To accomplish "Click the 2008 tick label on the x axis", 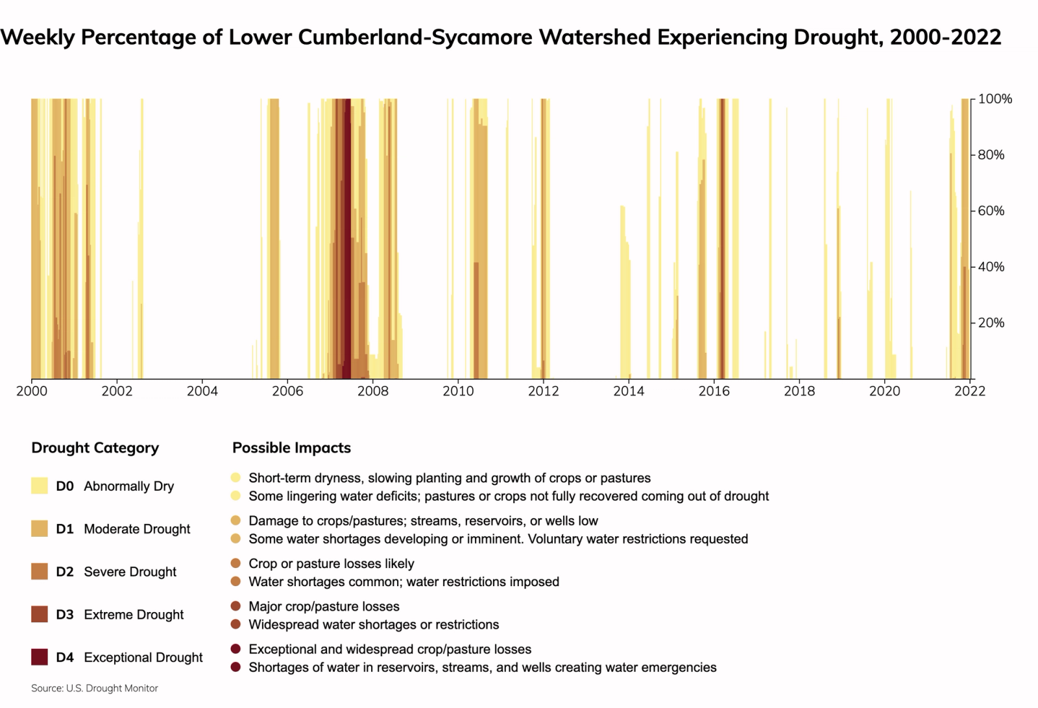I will point(373,391).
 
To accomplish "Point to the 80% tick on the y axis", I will point(991,155).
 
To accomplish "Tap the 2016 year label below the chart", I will point(714,391).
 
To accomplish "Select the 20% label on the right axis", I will point(991,323).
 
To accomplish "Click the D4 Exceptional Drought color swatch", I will point(40,657).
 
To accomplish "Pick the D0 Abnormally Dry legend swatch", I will point(40,486).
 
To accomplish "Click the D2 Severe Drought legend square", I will point(40,571).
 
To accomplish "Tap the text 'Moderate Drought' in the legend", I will point(137,529).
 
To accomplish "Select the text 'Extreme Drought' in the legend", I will point(134,615).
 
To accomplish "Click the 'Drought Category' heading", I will point(95,448).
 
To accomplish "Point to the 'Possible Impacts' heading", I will point(291,448).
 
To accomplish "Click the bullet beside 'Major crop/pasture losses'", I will point(235,606).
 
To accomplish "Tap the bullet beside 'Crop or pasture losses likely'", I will point(235,563).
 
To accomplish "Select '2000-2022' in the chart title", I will point(945,37).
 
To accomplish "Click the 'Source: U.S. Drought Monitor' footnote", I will point(95,689).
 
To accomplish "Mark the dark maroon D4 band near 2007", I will point(347,259).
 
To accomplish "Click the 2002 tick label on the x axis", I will point(117,391).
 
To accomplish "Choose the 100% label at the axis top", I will point(995,99).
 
